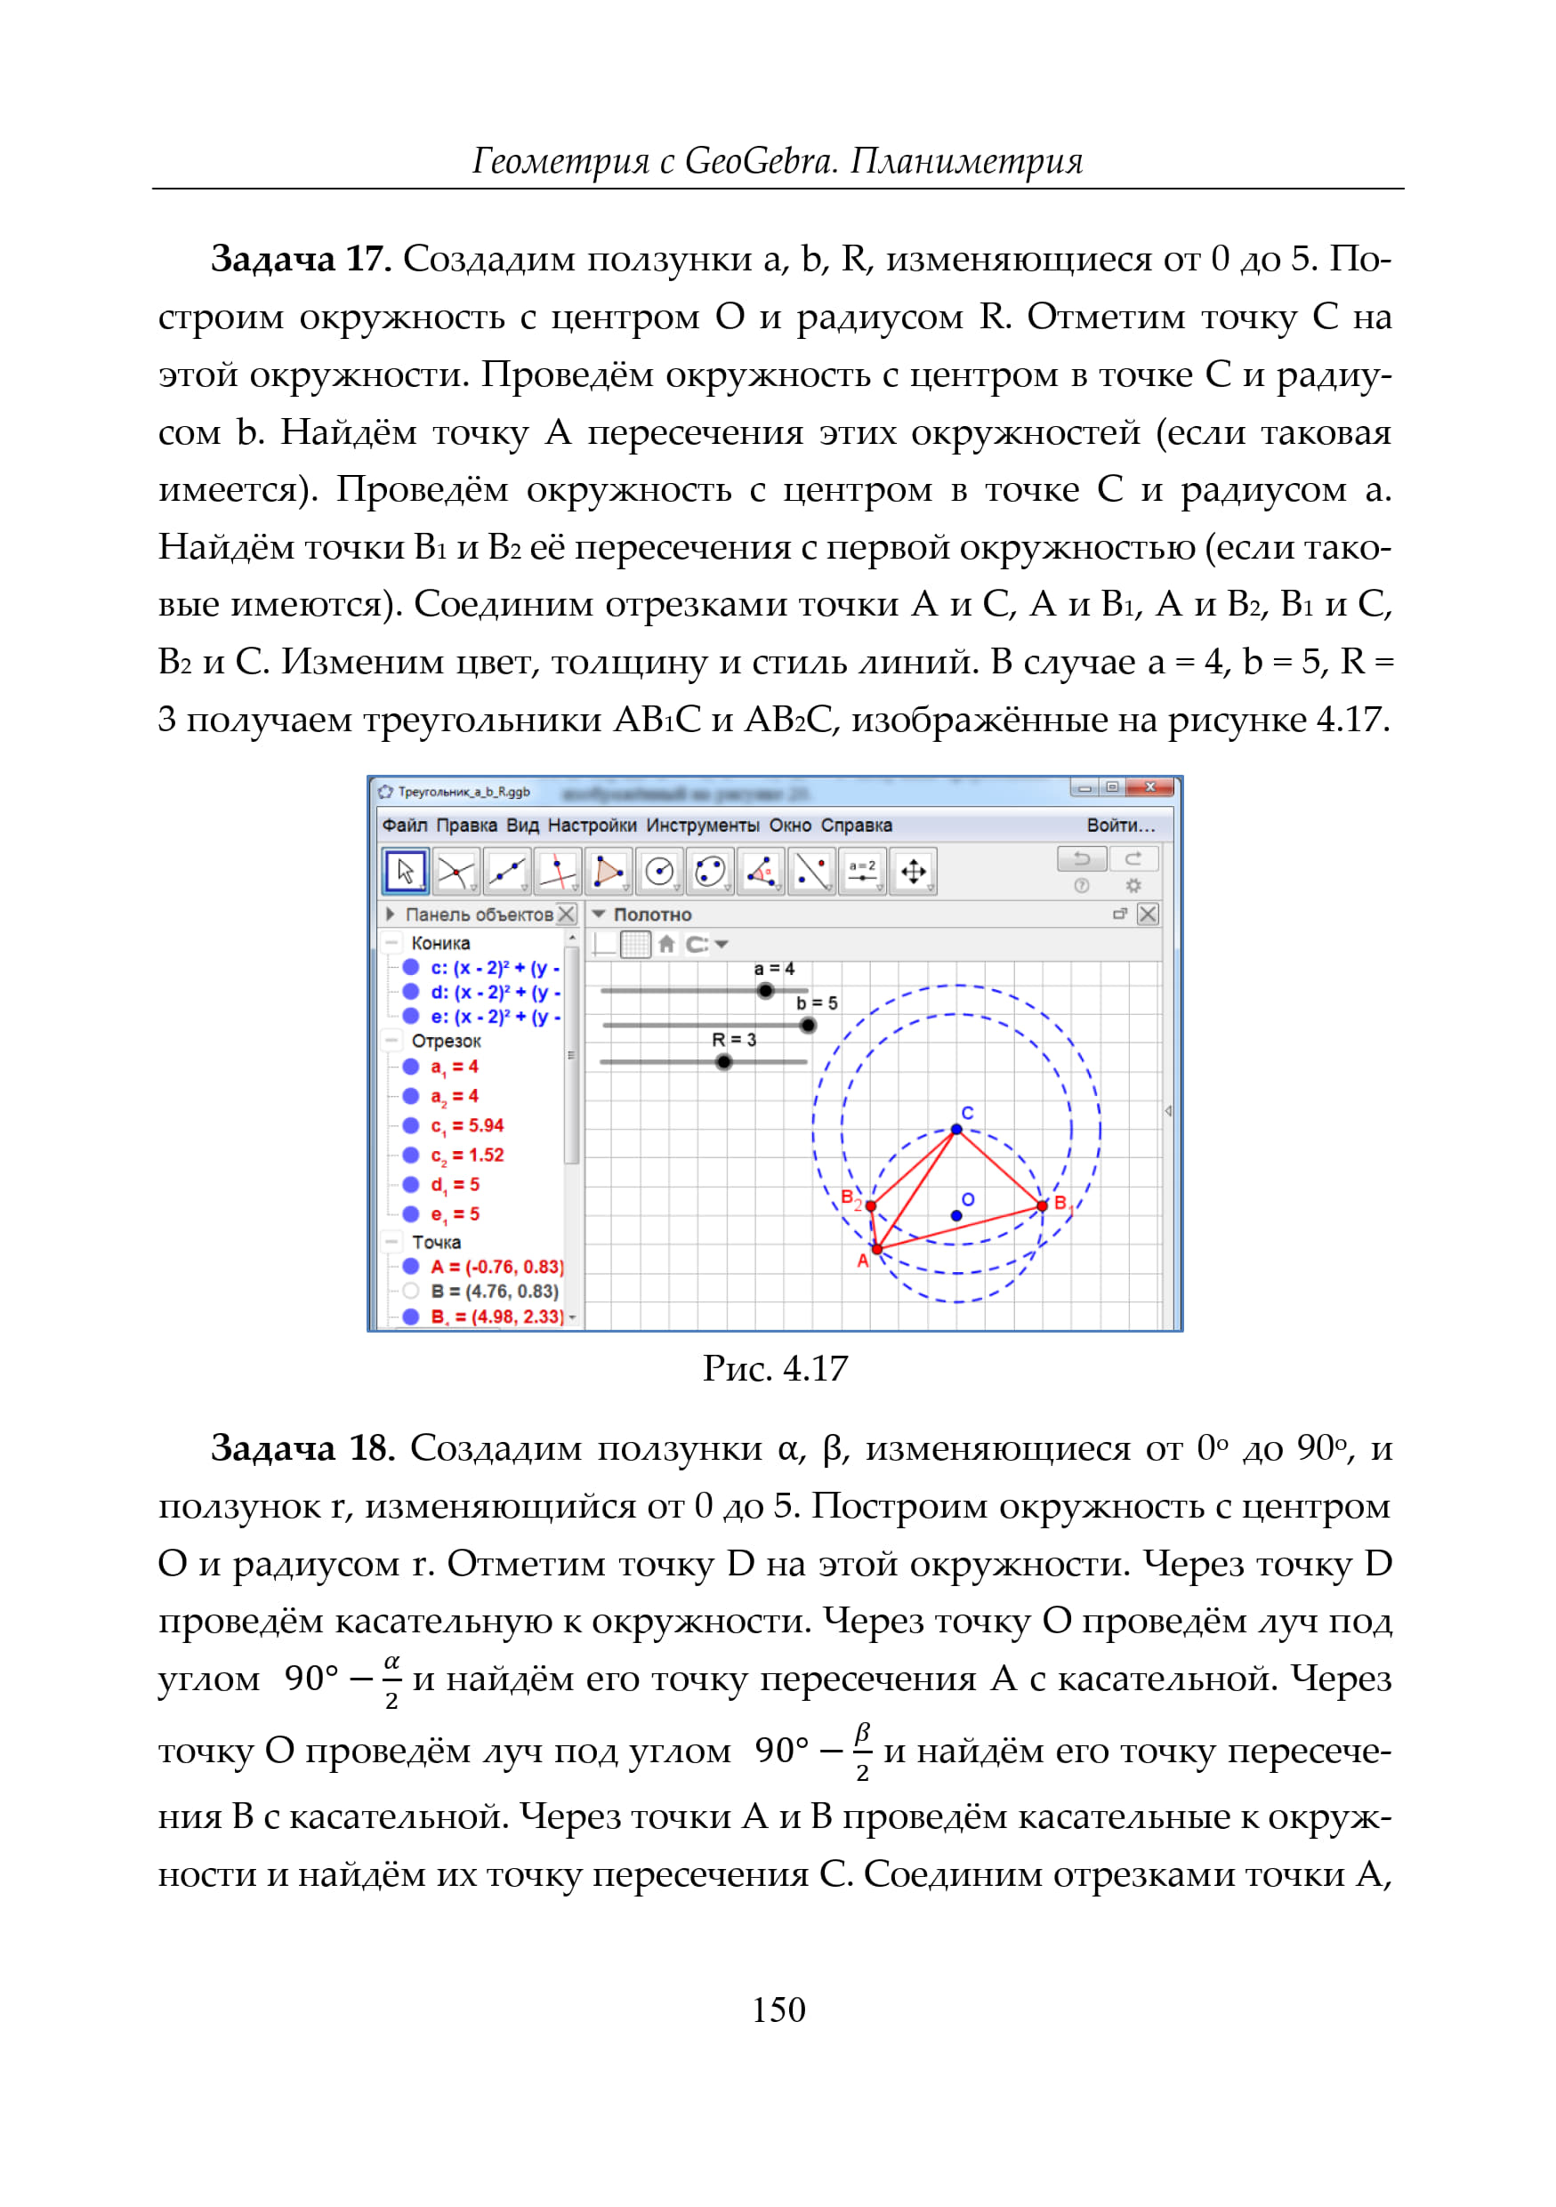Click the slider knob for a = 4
click(x=765, y=991)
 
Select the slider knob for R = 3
click(x=723, y=1062)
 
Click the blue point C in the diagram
click(x=956, y=1130)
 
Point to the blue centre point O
click(x=956, y=1216)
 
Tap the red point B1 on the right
click(x=1042, y=1205)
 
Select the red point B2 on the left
click(x=871, y=1205)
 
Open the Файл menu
click(x=404, y=826)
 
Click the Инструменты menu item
click(x=702, y=826)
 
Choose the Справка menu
click(x=857, y=826)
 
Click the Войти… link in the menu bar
click(x=1121, y=826)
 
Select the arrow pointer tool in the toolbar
click(x=406, y=872)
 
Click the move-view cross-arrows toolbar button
click(x=913, y=872)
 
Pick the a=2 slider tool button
click(x=862, y=872)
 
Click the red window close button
click(x=1150, y=788)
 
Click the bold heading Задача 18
click(x=302, y=1448)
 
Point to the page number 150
click(x=778, y=2009)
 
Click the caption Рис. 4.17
click(x=776, y=1369)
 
